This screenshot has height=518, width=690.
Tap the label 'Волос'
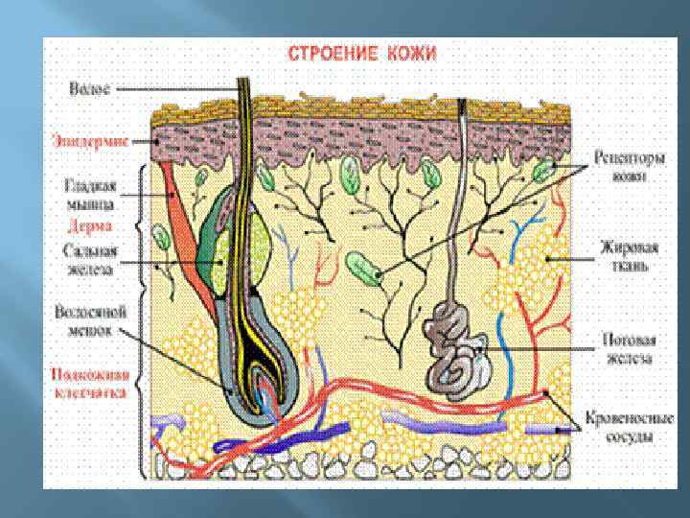point(91,89)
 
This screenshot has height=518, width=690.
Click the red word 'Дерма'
point(91,227)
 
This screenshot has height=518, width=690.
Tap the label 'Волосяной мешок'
point(87,319)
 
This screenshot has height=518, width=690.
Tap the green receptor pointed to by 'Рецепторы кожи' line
point(544,171)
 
